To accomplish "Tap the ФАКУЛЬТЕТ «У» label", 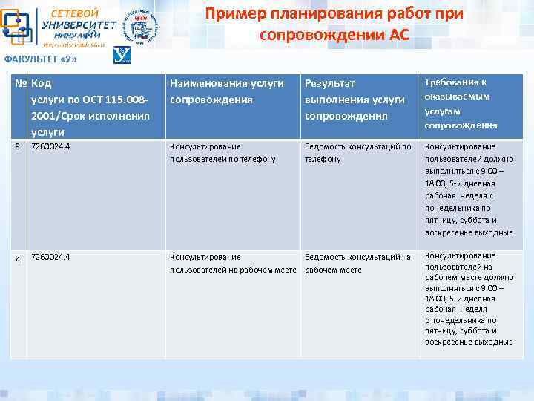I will pyautogui.click(x=41, y=59).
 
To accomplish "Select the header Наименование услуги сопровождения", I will pyautogui.click(x=227, y=91).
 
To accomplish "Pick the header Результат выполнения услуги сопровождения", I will pyautogui.click(x=355, y=100).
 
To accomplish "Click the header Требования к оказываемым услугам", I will pyautogui.click(x=461, y=103).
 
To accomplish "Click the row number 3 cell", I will pyautogui.click(x=18, y=147).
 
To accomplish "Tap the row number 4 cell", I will pyautogui.click(x=19, y=259).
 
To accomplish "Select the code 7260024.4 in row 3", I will pyautogui.click(x=50, y=147).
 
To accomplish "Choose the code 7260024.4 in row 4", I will pyautogui.click(x=50, y=258).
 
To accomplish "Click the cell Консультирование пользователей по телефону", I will pyautogui.click(x=222, y=153).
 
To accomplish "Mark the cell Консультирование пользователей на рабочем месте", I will pyautogui.click(x=233, y=264).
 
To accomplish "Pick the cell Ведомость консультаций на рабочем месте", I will pyautogui.click(x=357, y=264).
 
